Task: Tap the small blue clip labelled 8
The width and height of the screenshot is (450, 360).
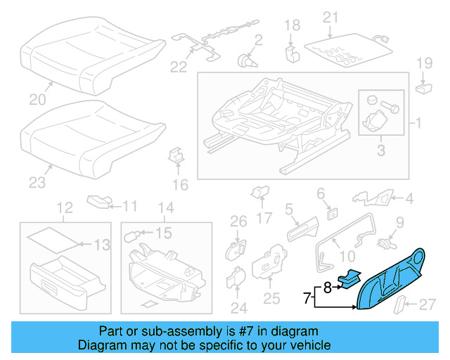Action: pyautogui.click(x=348, y=278)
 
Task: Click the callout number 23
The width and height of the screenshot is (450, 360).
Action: pyautogui.click(x=37, y=183)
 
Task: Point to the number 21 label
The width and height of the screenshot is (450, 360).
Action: pyautogui.click(x=330, y=16)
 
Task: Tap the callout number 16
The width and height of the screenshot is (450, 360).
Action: pyautogui.click(x=180, y=185)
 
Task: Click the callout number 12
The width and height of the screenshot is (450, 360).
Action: pyautogui.click(x=65, y=207)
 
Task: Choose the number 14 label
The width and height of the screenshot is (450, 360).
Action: pyautogui.click(x=165, y=207)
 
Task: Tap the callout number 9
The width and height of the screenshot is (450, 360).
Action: pyautogui.click(x=399, y=223)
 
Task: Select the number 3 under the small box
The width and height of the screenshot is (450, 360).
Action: pyautogui.click(x=382, y=149)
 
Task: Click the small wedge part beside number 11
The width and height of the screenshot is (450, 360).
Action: pyautogui.click(x=100, y=203)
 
